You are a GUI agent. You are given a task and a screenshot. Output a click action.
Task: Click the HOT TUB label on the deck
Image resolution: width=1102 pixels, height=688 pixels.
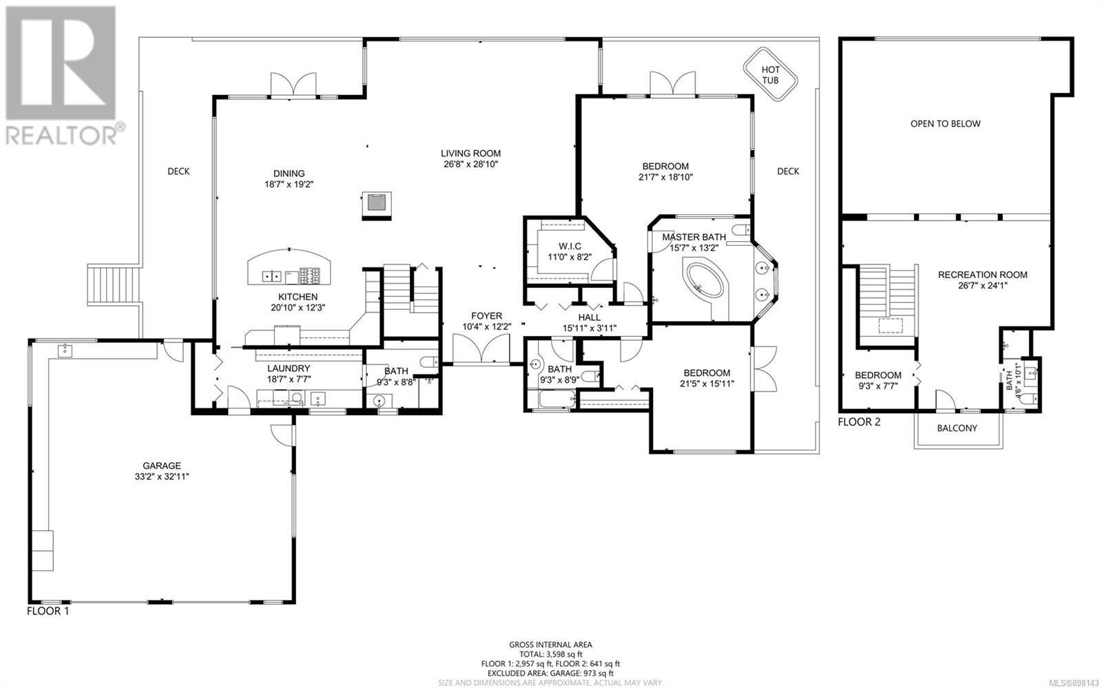[770, 75]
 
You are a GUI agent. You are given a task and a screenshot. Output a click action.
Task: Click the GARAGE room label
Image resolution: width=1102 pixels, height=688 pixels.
[162, 466]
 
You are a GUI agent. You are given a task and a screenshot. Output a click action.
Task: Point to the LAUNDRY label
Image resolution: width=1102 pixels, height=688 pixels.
[289, 368]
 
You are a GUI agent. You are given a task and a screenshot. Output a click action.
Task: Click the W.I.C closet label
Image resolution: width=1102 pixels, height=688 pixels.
[570, 247]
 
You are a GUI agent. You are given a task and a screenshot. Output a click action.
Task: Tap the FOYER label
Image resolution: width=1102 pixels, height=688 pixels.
[486, 316]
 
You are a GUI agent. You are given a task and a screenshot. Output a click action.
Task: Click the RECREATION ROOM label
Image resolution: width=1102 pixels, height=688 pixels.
[982, 275]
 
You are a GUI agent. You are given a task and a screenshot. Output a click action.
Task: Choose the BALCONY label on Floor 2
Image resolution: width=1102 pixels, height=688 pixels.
[957, 428]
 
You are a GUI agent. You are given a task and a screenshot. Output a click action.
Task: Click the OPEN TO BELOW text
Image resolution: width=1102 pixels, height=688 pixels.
[945, 124]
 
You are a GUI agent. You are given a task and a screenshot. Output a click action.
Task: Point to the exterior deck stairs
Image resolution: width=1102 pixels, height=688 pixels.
[114, 284]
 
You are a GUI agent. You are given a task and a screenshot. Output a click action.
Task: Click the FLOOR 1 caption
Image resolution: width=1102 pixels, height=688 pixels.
[48, 612]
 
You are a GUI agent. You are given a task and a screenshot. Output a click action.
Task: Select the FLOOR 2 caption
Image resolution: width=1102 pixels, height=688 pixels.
[859, 422]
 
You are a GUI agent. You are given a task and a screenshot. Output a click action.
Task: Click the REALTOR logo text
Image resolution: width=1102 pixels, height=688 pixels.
[61, 135]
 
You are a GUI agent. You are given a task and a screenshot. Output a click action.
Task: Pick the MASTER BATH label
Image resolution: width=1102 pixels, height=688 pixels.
[694, 237]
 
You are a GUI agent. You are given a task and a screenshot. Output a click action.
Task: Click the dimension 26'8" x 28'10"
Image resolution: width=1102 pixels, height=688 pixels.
[471, 165]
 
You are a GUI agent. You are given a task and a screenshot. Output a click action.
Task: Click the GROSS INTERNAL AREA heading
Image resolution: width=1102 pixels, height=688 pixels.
[550, 645]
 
